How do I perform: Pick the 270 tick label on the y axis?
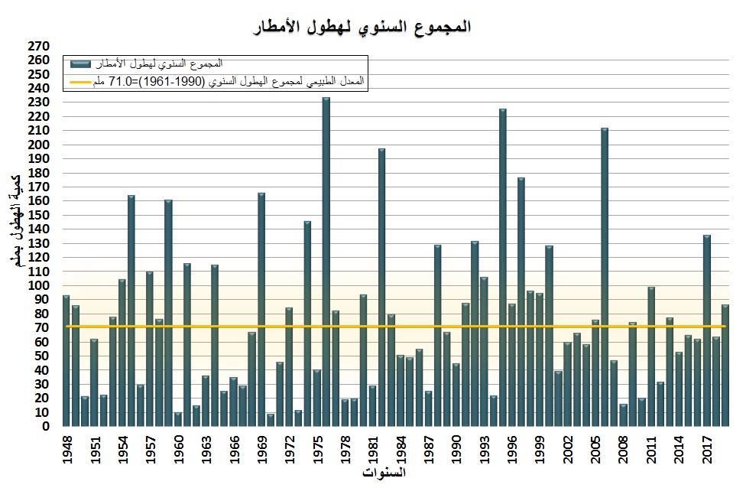(x=39, y=46)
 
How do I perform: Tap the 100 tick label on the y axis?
(x=39, y=285)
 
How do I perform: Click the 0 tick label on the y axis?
(x=46, y=427)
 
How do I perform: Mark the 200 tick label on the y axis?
(x=39, y=145)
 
